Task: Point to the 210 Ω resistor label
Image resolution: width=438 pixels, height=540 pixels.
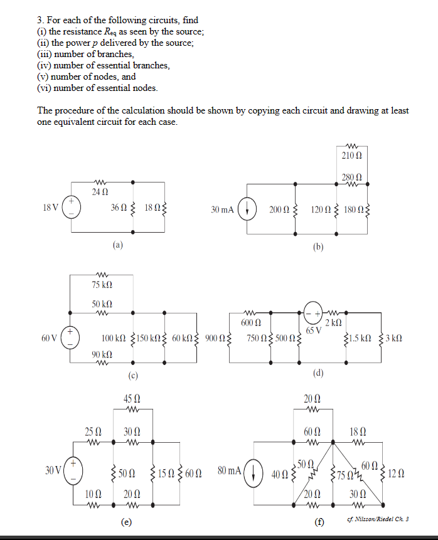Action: pos(351,154)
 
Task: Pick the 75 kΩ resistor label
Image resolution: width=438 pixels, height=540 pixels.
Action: pos(102,285)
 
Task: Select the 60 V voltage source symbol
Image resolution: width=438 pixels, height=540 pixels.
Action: pos(71,339)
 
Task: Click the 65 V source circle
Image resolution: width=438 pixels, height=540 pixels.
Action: pos(312,312)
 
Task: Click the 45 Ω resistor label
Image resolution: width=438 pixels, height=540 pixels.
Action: pos(132,399)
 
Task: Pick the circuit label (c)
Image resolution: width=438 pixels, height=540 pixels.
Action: pos(132,376)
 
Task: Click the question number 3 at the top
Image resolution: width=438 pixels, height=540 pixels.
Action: pos(41,21)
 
